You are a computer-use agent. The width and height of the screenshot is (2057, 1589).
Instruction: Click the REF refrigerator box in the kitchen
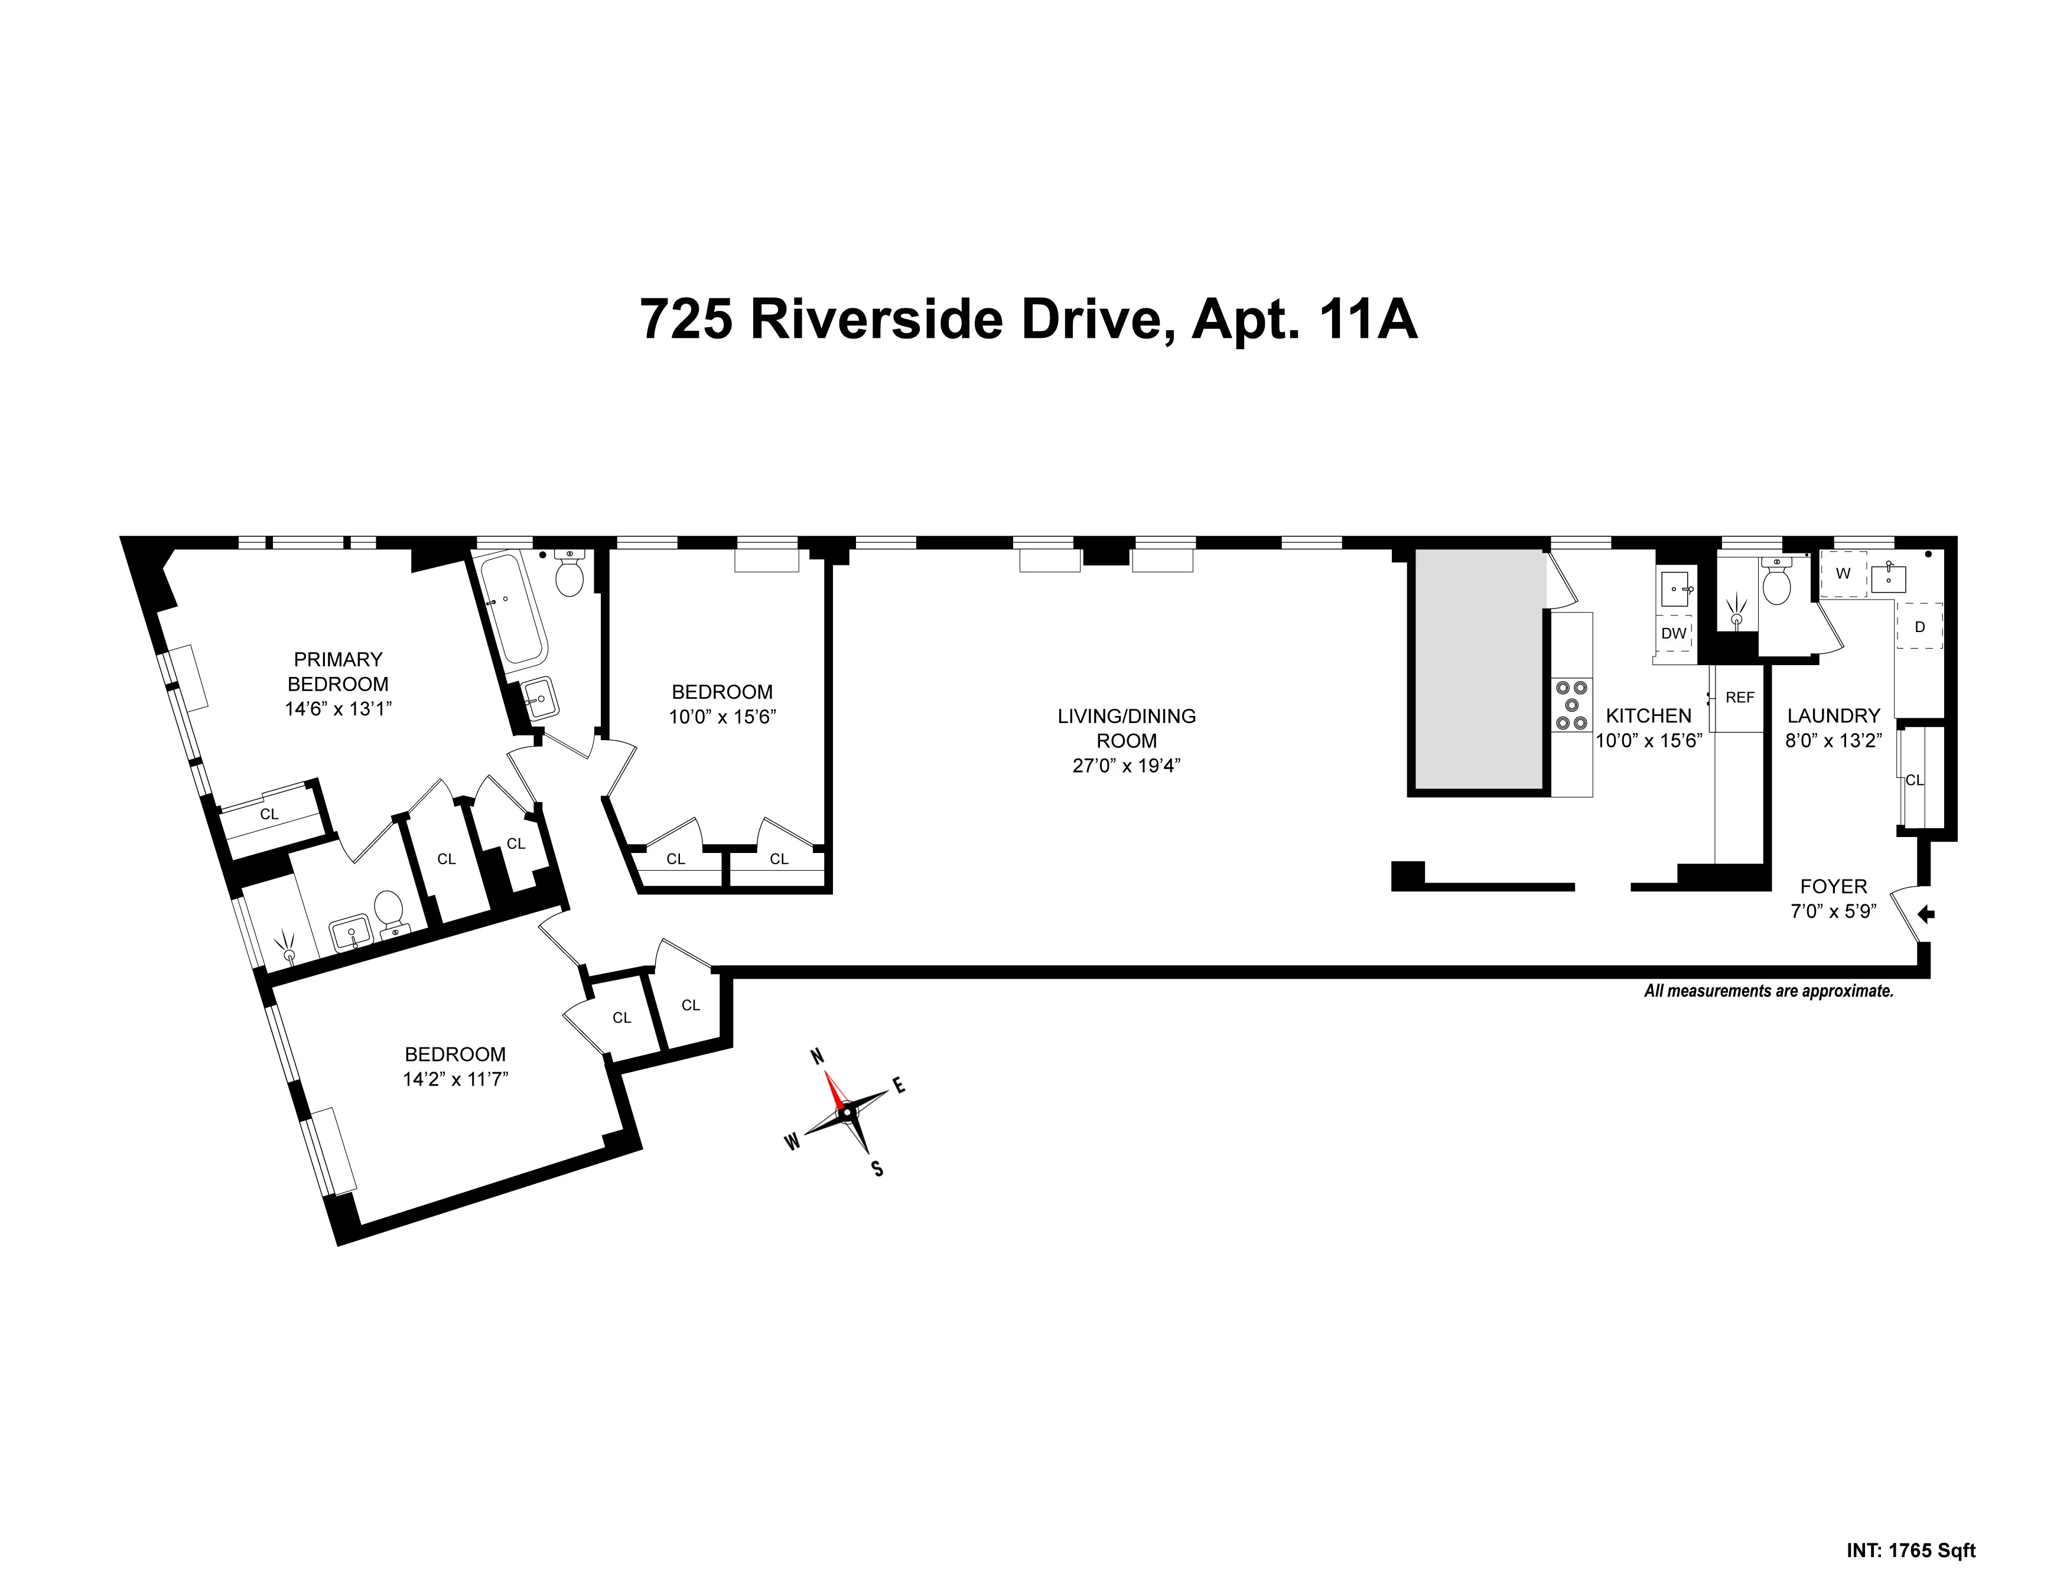pos(1740,698)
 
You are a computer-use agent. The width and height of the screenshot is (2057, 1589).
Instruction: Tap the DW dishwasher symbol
pos(1674,633)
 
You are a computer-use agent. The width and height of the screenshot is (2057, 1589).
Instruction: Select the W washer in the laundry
pos(1843,574)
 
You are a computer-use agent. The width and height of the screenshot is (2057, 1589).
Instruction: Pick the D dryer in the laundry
pos(1919,627)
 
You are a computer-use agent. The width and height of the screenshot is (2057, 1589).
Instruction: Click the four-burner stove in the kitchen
pos(1571,705)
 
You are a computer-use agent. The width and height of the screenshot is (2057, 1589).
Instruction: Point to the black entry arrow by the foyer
pos(1926,913)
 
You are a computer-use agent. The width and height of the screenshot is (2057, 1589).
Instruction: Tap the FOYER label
pos(1833,886)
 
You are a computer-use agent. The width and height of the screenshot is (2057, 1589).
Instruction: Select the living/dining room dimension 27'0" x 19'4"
pos(1127,766)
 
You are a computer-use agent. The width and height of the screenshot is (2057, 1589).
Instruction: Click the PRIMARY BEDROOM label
pos(337,672)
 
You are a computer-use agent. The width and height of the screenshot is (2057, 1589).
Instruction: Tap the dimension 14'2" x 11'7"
pos(455,1079)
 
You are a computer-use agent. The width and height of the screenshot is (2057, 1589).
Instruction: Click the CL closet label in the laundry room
pos(1915,780)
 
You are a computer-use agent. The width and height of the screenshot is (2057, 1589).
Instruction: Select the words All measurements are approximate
pos(1769,991)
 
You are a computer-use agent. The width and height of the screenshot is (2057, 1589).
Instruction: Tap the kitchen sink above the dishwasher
pos(1675,590)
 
